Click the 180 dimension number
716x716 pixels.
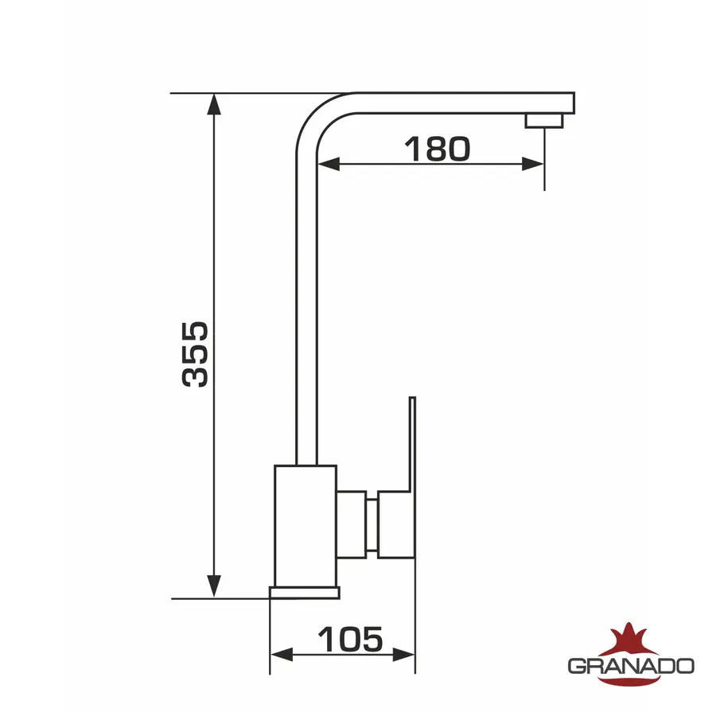point(437,148)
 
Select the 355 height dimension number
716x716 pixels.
point(196,354)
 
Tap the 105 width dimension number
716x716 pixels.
point(350,638)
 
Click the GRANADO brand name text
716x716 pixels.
point(631,665)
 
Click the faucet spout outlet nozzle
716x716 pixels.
point(544,120)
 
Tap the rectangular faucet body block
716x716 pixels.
point(305,525)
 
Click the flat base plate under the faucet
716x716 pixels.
point(304,593)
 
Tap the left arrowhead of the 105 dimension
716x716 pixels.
point(281,654)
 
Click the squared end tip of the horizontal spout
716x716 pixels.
point(566,103)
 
